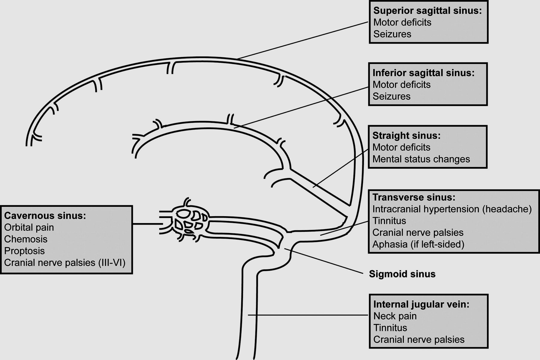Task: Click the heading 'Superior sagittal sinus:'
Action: (x=427, y=11)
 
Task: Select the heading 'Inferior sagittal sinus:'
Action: (x=424, y=73)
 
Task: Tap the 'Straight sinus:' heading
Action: (x=406, y=136)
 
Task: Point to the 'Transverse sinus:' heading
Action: (x=414, y=197)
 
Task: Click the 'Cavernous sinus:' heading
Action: (x=45, y=216)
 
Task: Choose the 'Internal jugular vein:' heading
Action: (x=421, y=304)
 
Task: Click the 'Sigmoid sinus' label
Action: (x=402, y=274)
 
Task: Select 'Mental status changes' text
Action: (x=421, y=159)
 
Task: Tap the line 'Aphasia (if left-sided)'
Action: (x=418, y=244)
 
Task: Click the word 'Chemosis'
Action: (x=26, y=239)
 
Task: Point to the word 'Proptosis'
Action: (x=24, y=251)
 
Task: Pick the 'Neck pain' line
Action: (x=395, y=316)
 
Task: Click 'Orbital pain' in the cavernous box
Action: (x=29, y=228)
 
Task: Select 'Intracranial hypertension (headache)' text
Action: (x=452, y=209)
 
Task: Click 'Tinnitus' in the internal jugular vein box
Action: (x=390, y=328)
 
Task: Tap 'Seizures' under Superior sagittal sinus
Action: (x=392, y=34)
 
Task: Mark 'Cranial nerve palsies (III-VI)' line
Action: (x=65, y=263)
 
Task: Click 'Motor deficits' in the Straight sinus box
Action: (x=401, y=147)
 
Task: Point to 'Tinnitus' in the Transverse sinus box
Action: (x=389, y=221)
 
